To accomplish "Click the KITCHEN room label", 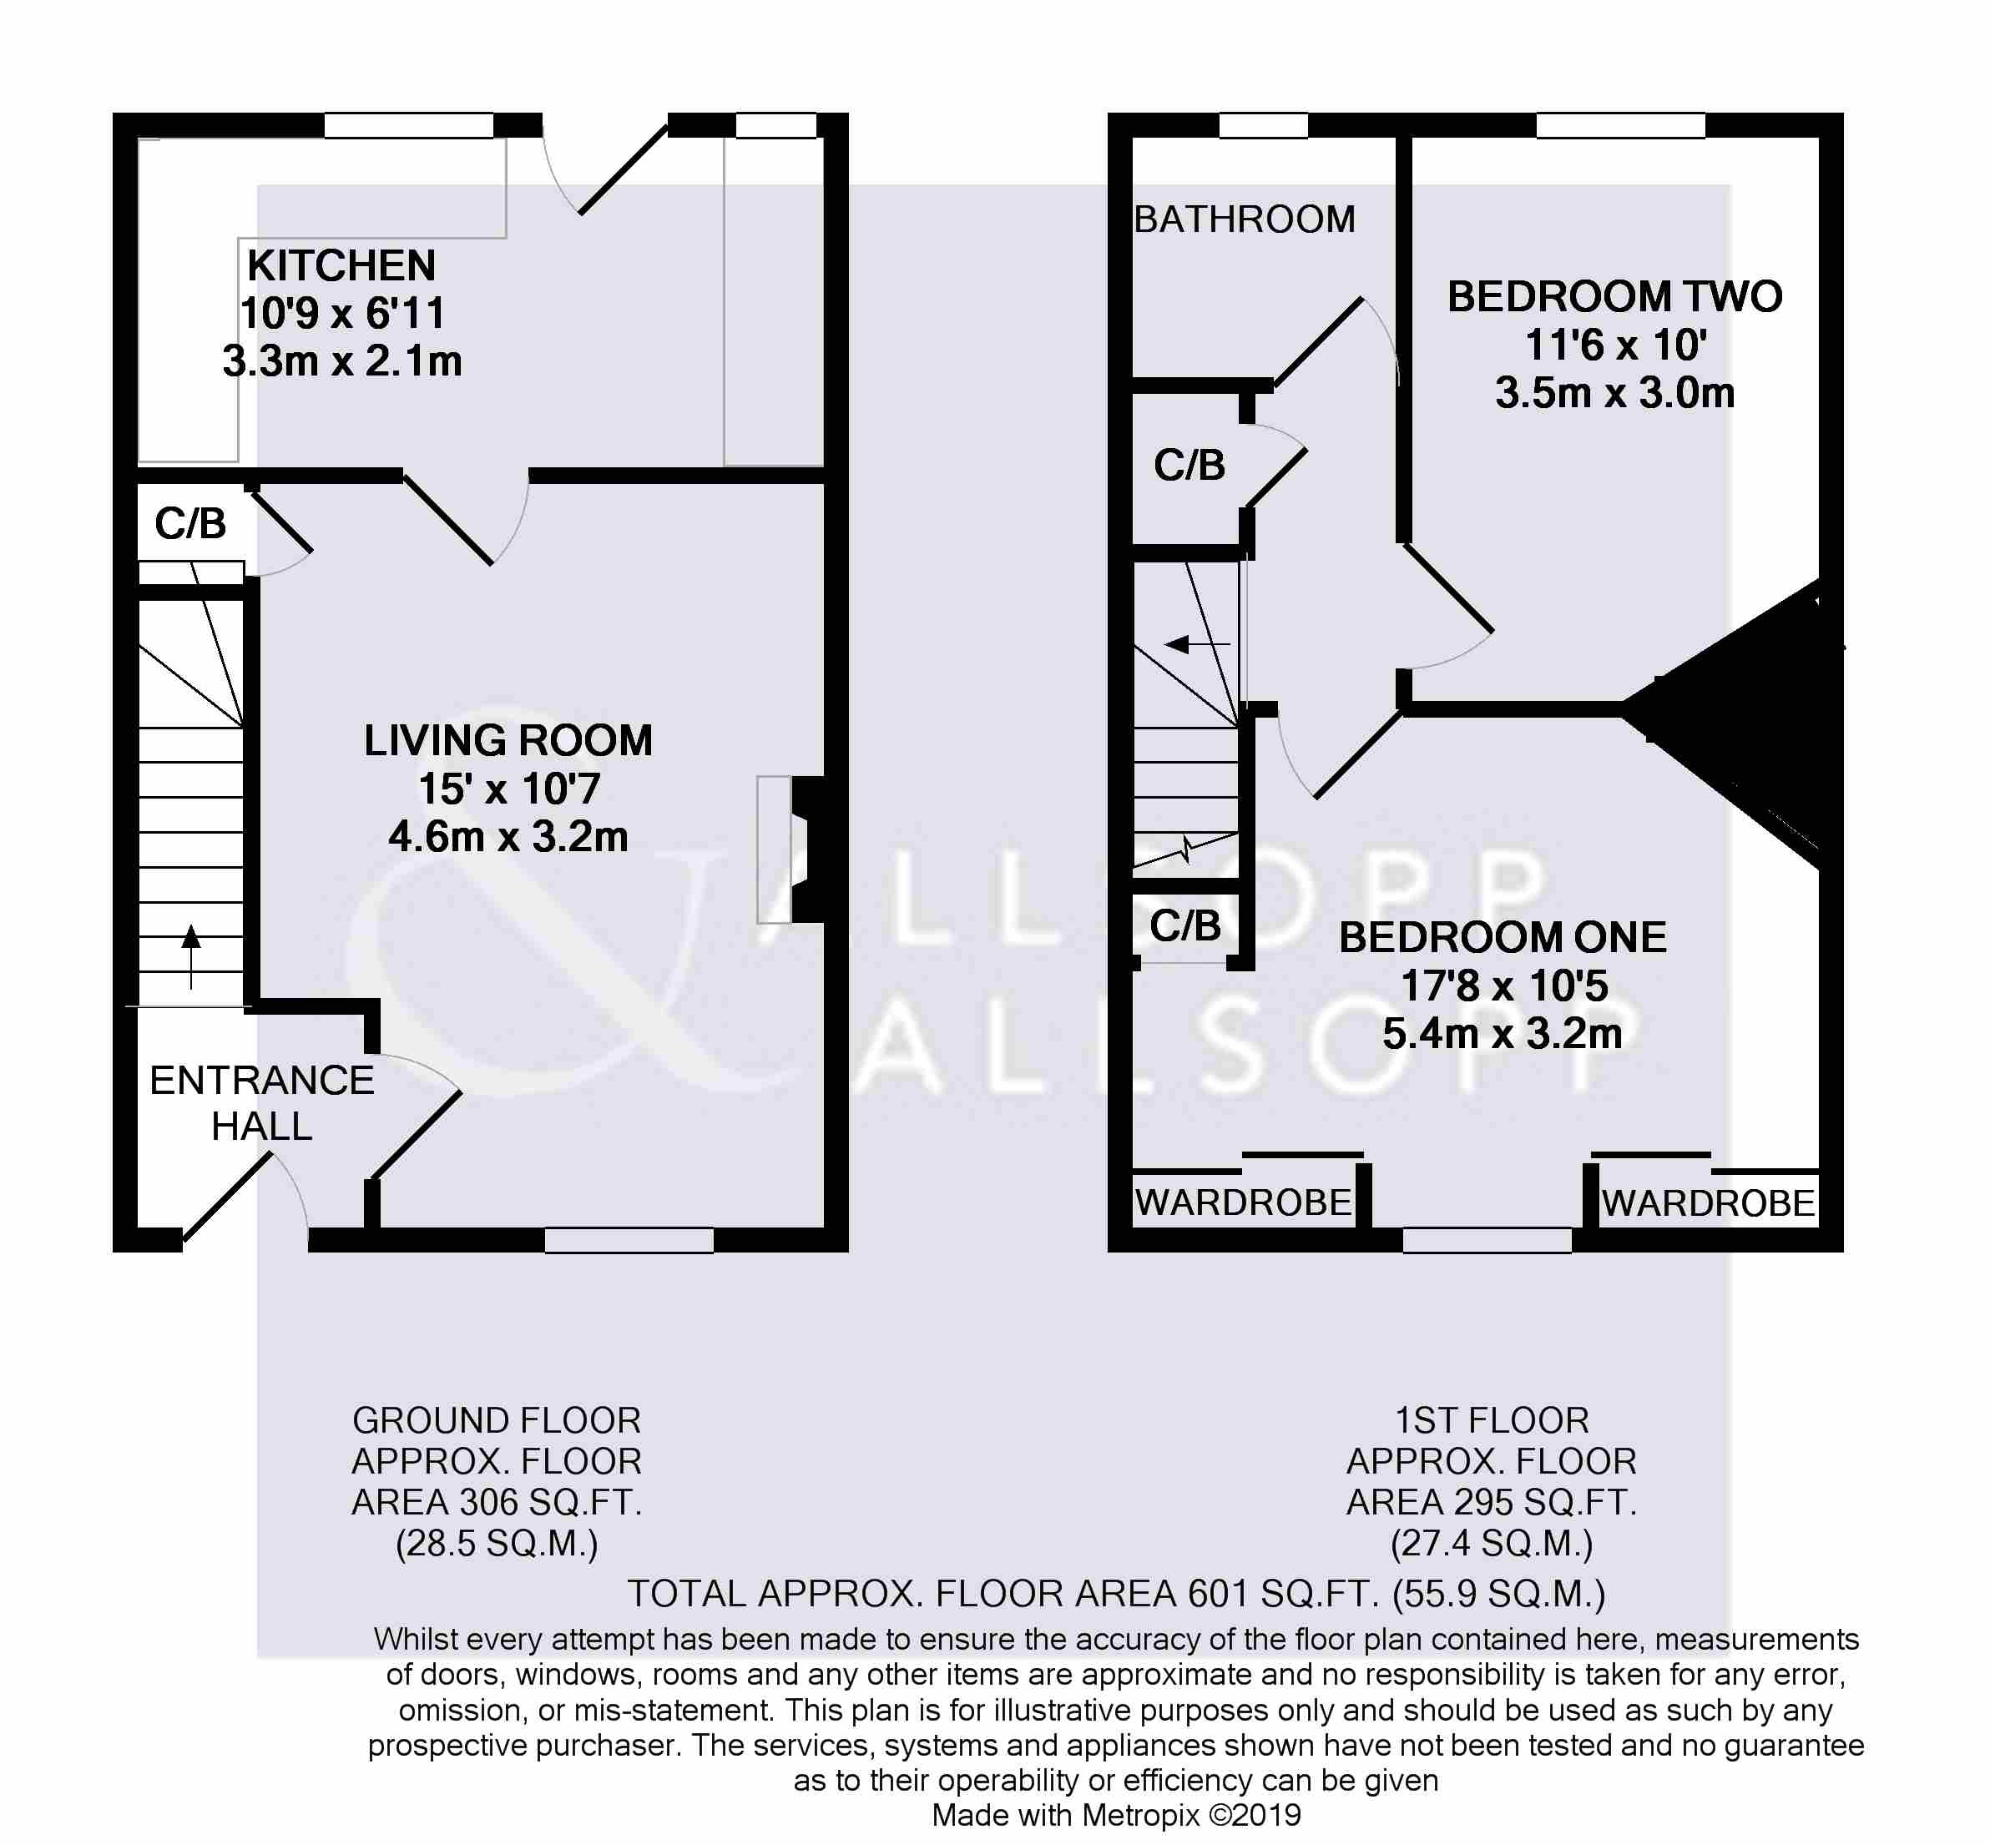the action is [341, 266].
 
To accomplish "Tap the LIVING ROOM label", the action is [508, 741].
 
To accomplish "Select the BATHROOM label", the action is [1244, 219].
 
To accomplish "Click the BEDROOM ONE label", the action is [1503, 937].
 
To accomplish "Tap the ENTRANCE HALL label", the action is [261, 1103].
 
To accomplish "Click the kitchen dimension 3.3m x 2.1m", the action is [341, 361].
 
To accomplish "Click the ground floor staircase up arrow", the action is [190, 956].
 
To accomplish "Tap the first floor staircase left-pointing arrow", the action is [1197, 644].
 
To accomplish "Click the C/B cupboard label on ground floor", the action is [189, 524].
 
